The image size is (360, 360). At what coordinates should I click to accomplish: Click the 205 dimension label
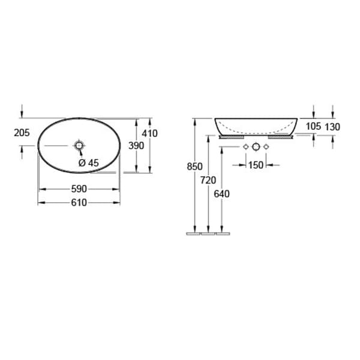tap(22, 133)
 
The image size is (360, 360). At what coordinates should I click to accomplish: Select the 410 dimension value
tap(149, 133)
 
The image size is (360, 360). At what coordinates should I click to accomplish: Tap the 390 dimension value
tap(136, 146)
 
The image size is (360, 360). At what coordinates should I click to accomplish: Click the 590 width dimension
tap(79, 188)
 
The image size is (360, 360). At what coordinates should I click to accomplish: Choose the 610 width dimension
tap(79, 202)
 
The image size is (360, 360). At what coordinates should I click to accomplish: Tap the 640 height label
tap(222, 194)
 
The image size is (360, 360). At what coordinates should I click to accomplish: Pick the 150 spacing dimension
tap(256, 165)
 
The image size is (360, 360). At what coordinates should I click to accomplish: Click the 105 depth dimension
tap(313, 126)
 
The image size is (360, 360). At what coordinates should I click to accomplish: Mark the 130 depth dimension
tap(332, 126)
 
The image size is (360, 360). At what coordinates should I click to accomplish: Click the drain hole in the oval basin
tap(79, 145)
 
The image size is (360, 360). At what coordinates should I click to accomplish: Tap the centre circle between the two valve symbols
tap(256, 147)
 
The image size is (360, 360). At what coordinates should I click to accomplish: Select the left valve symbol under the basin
tap(245, 147)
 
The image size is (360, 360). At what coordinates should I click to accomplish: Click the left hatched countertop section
tap(230, 137)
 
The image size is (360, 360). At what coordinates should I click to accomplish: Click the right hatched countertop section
tap(280, 137)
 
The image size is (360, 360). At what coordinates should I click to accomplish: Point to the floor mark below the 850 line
tap(193, 233)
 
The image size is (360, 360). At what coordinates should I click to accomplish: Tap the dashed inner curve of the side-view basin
tap(256, 131)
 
